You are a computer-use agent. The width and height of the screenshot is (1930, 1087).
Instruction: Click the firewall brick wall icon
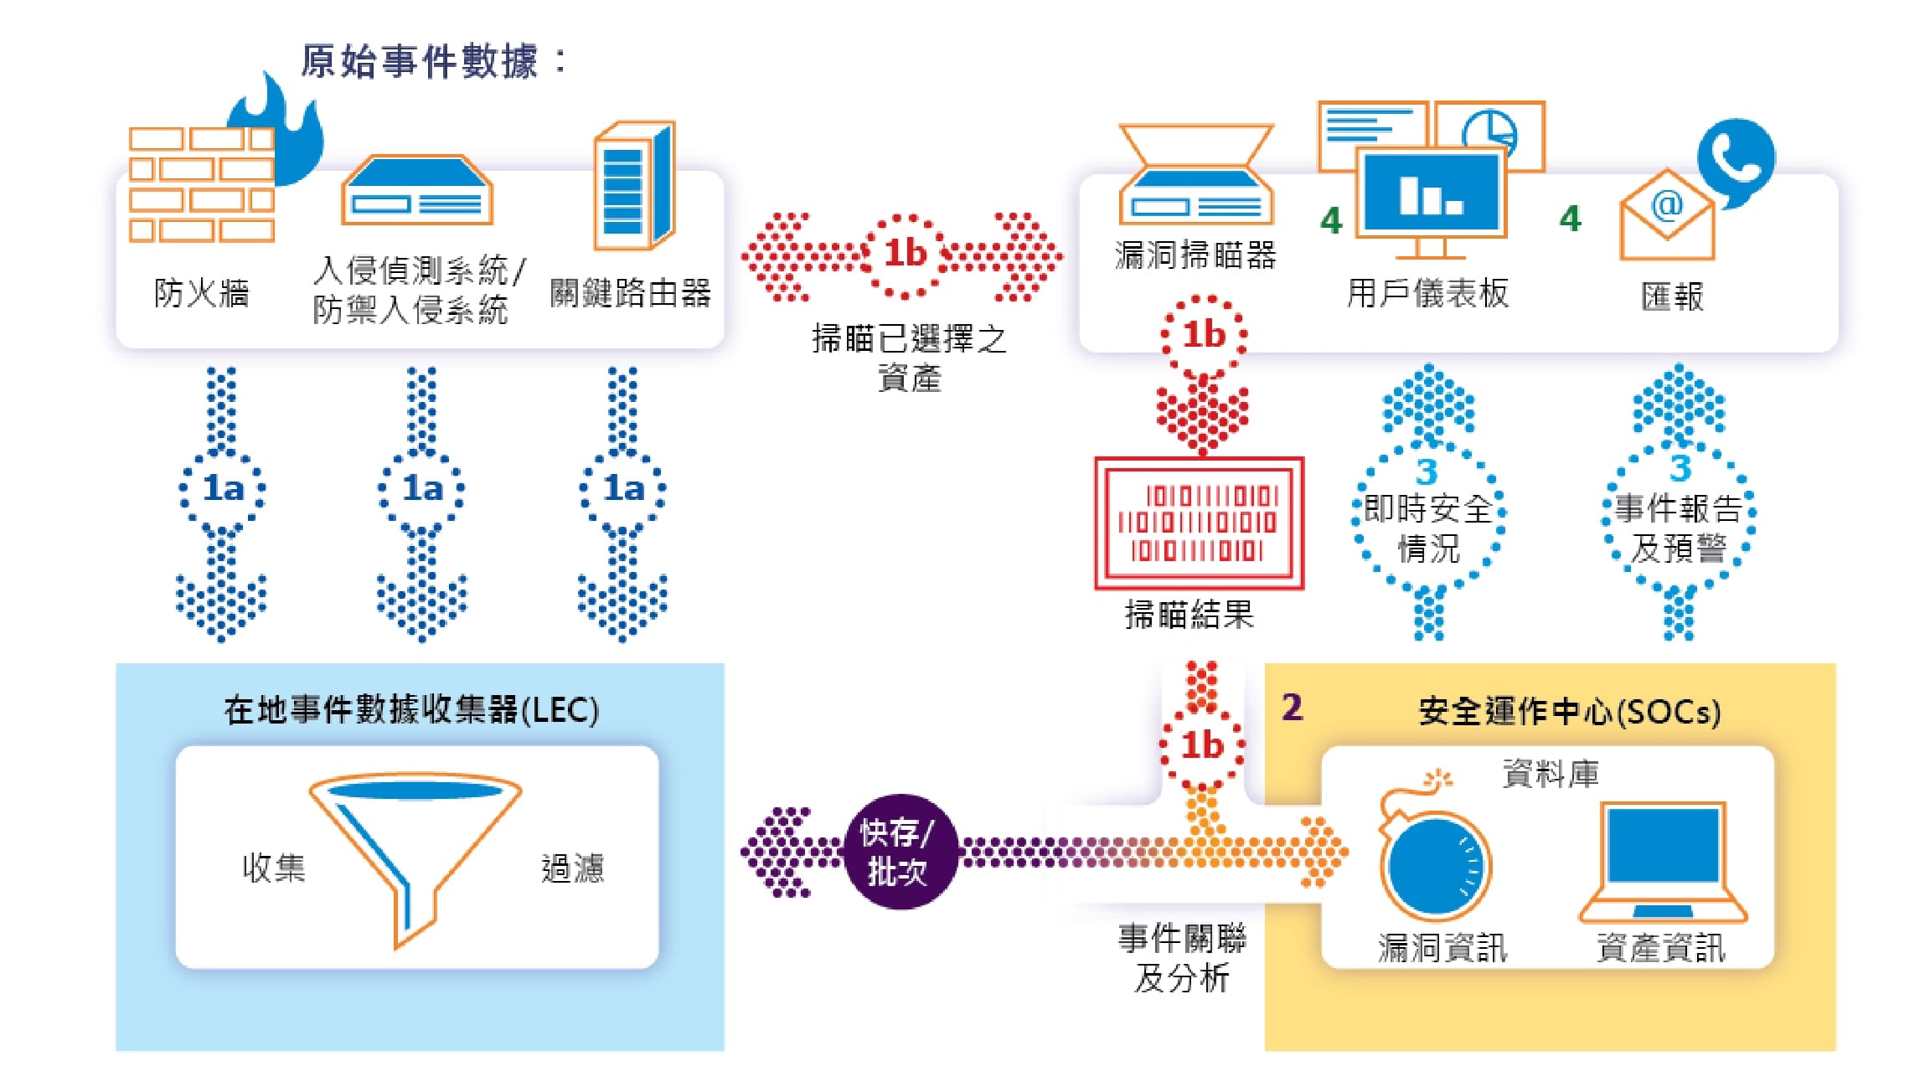(x=201, y=184)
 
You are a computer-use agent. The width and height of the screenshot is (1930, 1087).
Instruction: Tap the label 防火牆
(x=201, y=294)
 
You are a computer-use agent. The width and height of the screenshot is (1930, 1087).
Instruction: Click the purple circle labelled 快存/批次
(x=898, y=852)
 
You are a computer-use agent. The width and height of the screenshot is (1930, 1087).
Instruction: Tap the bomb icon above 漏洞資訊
(x=1432, y=858)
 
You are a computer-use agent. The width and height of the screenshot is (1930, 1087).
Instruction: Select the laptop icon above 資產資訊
(x=1663, y=863)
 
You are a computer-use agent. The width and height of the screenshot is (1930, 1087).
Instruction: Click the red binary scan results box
(x=1199, y=523)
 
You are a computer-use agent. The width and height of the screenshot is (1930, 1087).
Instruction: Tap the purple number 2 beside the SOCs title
(x=1292, y=708)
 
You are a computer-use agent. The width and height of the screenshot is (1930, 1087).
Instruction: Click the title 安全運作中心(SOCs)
(x=1569, y=712)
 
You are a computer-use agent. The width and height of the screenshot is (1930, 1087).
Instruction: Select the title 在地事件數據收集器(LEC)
(x=411, y=710)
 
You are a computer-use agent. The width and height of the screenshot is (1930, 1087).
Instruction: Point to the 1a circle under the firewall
(x=222, y=488)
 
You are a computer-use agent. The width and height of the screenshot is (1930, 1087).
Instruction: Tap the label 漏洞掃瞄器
(x=1195, y=255)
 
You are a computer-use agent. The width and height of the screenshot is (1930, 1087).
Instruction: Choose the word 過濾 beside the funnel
(x=572, y=868)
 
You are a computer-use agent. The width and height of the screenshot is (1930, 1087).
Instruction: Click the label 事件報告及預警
(x=1679, y=528)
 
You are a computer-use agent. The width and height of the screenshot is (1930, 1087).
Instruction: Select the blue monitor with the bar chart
(x=1431, y=194)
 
